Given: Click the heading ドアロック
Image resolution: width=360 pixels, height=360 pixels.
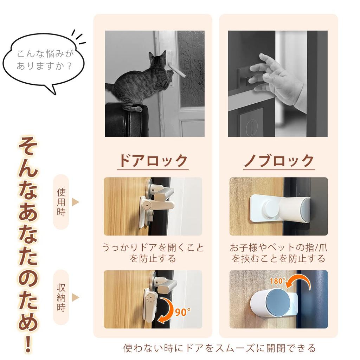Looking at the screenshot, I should (x=153, y=161).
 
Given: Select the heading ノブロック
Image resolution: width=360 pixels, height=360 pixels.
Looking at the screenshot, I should (x=279, y=161).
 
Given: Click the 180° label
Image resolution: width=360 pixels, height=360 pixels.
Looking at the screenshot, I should (x=277, y=281).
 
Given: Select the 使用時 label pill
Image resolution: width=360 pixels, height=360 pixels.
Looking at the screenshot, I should (x=61, y=202).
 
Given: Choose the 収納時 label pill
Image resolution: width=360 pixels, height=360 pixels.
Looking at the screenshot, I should (x=61, y=297).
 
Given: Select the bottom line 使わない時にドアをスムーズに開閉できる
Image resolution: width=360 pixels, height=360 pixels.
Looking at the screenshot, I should (x=219, y=348).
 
